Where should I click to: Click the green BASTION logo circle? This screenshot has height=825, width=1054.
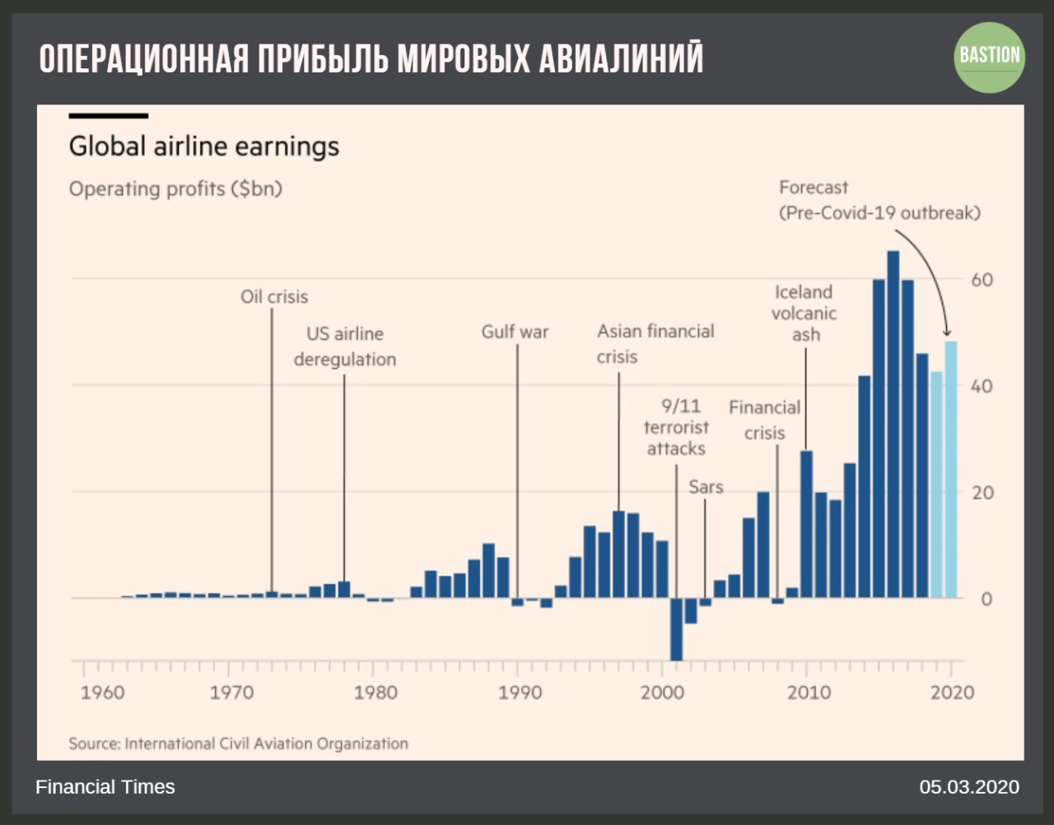click(x=989, y=57)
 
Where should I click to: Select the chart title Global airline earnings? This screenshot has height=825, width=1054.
click(x=203, y=147)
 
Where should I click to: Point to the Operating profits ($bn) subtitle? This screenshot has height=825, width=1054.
click(x=175, y=189)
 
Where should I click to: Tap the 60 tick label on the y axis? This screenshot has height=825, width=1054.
click(x=982, y=279)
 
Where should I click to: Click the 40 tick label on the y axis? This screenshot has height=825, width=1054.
click(x=982, y=385)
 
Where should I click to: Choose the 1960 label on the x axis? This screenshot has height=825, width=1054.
click(x=103, y=692)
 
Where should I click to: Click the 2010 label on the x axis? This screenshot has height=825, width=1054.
click(x=808, y=692)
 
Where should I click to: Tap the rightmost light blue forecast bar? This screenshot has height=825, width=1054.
click(x=951, y=469)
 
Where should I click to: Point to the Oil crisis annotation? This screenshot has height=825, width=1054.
click(x=274, y=296)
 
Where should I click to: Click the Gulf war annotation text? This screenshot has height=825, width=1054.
click(x=515, y=332)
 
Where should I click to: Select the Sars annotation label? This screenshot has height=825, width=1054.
click(x=706, y=487)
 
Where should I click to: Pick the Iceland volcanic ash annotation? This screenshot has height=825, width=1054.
click(x=804, y=313)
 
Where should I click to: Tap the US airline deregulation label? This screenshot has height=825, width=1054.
click(x=345, y=347)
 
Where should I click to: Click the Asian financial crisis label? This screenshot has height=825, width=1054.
click(x=655, y=343)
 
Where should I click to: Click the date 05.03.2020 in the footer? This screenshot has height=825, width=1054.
click(x=969, y=787)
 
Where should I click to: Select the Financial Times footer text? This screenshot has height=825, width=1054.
click(x=105, y=787)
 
